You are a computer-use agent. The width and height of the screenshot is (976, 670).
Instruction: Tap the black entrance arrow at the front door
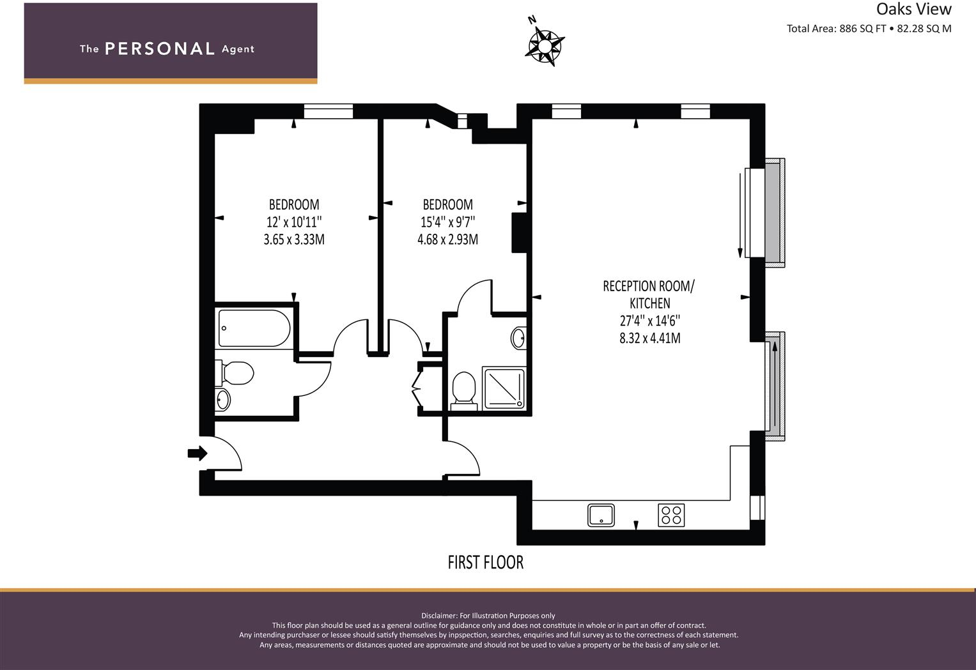tap(198, 453)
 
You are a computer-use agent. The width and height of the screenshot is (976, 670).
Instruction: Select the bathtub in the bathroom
tap(254, 328)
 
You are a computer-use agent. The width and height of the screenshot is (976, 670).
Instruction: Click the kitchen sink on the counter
tap(601, 515)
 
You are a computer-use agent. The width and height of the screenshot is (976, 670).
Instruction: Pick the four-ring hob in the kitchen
tap(671, 515)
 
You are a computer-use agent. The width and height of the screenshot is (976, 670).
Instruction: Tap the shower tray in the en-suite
tap(503, 388)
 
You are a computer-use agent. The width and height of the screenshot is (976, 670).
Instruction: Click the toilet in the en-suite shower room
tap(463, 390)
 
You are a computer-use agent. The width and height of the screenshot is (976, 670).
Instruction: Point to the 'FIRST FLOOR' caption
tap(485, 562)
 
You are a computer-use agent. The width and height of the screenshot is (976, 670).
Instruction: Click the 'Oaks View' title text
tap(913, 9)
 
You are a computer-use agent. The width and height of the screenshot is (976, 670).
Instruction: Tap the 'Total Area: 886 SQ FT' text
tap(836, 29)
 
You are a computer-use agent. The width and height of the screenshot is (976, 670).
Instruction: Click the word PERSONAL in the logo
tap(159, 49)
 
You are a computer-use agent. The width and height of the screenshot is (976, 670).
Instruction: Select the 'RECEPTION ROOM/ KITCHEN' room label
tap(649, 294)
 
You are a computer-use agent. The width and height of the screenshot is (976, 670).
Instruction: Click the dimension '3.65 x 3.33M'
tap(294, 240)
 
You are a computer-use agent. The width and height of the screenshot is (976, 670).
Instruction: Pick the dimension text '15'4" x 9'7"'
tap(447, 222)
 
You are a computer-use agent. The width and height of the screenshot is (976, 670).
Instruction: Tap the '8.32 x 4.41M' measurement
tap(649, 339)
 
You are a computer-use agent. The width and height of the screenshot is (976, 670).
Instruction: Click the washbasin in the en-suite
tap(519, 337)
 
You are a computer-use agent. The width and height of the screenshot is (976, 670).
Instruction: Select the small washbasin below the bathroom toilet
tap(222, 400)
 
